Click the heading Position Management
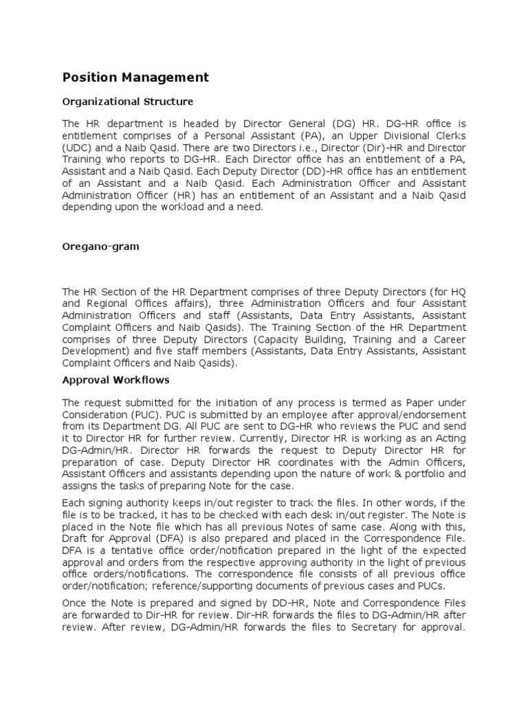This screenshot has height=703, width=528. pyautogui.click(x=135, y=78)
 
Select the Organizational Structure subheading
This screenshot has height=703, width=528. pyautogui.click(x=127, y=102)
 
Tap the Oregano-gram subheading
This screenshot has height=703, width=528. pyautogui.click(x=100, y=246)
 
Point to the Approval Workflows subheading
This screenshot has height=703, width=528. pyautogui.click(x=115, y=379)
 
